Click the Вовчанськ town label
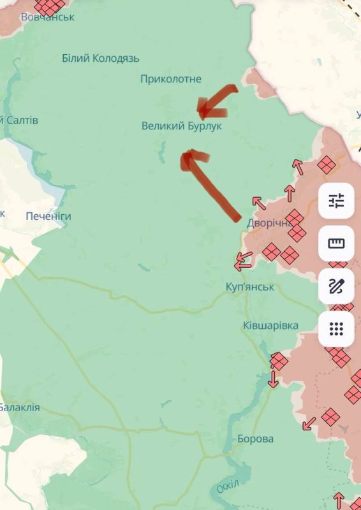[x=47, y=17]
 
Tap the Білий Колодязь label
[x=101, y=59]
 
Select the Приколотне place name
[x=171, y=79]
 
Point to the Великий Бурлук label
[x=182, y=126]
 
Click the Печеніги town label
[x=48, y=216]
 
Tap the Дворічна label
[x=270, y=223]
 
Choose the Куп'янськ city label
[x=250, y=287]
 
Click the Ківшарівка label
[x=270, y=326]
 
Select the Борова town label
[x=255, y=439]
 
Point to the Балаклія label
[x=19, y=407]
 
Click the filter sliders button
[x=336, y=201]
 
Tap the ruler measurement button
[x=336, y=244]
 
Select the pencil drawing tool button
[x=336, y=286]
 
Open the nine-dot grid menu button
[x=336, y=329]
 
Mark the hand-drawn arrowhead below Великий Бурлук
[x=189, y=159]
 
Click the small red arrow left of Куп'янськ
[x=243, y=260]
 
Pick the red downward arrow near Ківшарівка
[x=274, y=379]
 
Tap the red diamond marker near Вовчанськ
[x=49, y=6]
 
